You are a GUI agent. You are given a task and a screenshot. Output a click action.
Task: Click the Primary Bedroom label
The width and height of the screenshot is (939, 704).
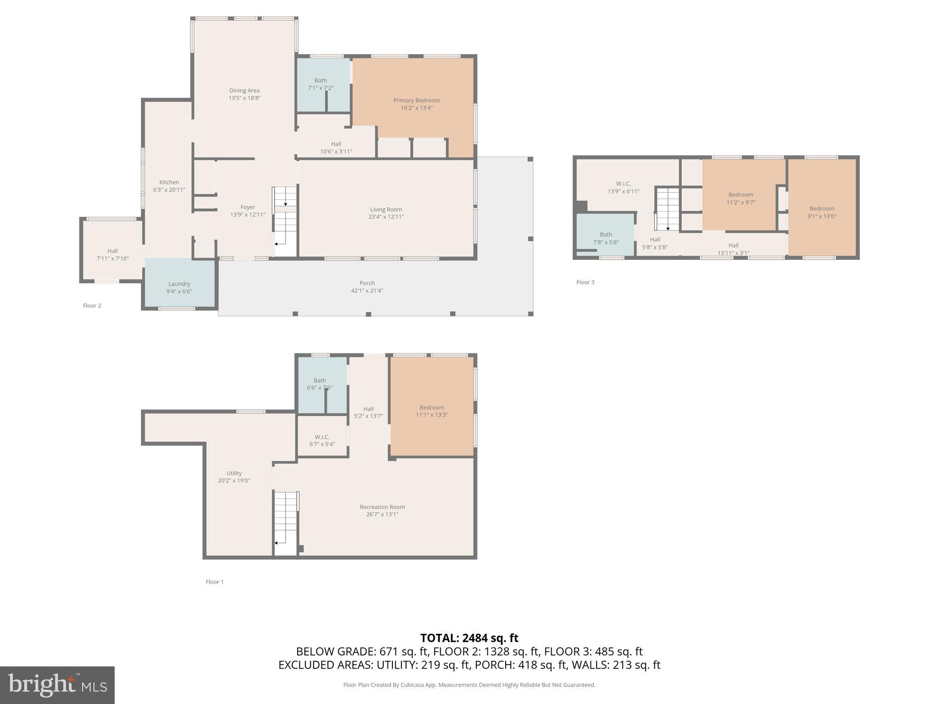416,100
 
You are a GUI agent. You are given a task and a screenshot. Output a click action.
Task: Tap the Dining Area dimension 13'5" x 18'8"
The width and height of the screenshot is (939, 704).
244,98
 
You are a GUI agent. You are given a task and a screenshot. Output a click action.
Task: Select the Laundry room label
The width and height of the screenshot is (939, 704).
179,284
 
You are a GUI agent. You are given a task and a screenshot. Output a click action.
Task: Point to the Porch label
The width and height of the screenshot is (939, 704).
367,283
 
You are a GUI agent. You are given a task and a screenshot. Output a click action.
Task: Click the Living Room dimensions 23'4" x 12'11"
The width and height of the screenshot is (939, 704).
386,217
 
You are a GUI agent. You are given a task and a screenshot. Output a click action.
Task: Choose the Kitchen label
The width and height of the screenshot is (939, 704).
169,182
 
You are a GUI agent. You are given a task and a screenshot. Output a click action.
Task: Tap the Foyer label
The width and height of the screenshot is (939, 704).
248,207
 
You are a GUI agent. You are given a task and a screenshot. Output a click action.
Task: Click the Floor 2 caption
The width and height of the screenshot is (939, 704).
92,306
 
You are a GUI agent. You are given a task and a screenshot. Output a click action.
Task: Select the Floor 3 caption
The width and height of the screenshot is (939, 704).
585,282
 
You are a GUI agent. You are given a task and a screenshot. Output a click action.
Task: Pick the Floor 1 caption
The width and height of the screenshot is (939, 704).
215,582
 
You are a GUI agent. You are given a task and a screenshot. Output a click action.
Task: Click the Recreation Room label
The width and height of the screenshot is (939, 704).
382,507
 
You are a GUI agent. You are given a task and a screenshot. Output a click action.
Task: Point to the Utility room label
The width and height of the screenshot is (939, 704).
234,473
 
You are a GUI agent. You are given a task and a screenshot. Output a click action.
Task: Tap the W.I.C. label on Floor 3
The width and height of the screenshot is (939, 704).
623,184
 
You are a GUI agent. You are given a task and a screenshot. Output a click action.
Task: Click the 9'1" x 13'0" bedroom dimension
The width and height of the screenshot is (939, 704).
822,216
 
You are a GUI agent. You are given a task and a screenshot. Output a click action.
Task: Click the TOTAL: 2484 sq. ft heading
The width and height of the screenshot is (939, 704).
469,638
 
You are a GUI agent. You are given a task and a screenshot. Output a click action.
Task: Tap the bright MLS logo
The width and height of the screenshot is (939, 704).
57,685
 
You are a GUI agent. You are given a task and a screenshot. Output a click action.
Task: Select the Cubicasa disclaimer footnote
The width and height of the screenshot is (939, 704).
469,685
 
